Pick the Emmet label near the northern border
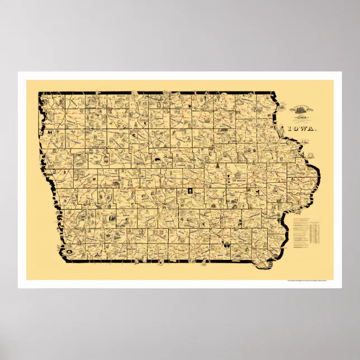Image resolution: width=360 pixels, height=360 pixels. tap(119, 97)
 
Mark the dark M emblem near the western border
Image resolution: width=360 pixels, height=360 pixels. tap(51, 132)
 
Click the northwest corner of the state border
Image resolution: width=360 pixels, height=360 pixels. tap(39, 93)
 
